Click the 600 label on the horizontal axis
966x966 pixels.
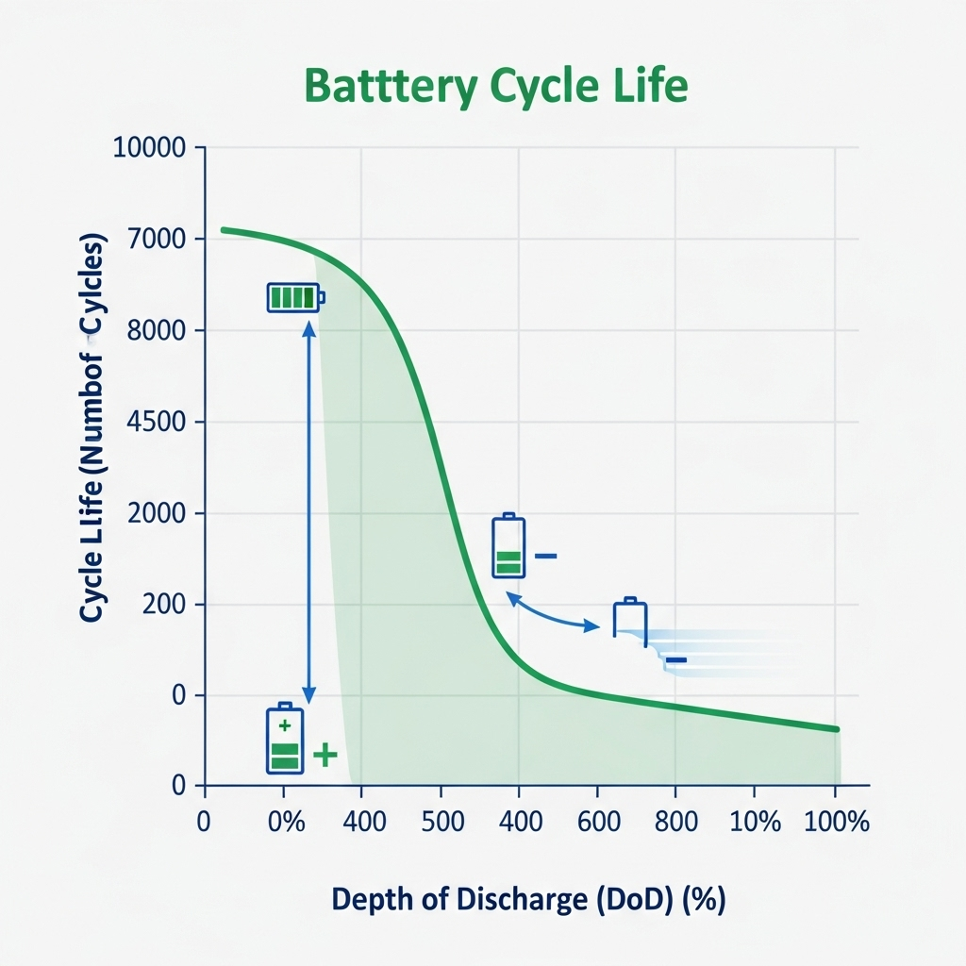596,822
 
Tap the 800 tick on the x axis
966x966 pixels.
675,822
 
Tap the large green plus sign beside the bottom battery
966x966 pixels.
325,754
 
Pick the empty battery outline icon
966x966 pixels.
630,619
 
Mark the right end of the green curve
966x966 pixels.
837,729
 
